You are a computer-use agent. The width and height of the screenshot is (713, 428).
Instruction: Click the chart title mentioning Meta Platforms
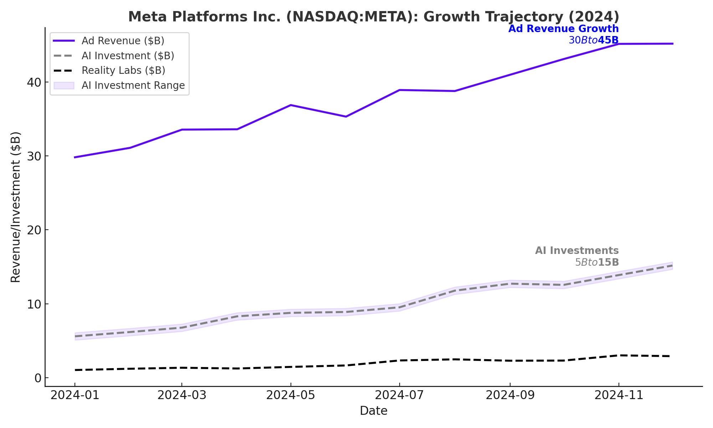[374, 17]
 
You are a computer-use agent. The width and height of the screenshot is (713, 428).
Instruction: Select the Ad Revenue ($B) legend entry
[123, 41]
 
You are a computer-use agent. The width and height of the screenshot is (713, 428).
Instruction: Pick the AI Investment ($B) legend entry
[128, 56]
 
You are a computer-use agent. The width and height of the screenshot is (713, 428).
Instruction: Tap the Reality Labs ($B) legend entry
[123, 71]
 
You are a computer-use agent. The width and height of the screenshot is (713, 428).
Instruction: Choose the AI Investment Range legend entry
[133, 86]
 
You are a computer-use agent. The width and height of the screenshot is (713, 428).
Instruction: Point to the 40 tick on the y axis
[34, 82]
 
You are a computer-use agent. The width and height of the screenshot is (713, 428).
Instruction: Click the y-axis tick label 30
[34, 156]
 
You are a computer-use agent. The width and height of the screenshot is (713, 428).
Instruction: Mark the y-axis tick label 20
[34, 230]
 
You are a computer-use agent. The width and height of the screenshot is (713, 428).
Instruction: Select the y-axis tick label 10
[34, 304]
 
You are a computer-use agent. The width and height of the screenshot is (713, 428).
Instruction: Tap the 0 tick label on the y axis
[38, 378]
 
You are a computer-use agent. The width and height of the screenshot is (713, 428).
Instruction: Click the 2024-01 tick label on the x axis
[75, 395]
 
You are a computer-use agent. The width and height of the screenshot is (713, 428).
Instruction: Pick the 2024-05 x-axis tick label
[291, 395]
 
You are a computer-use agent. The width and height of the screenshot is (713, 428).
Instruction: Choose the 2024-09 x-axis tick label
[510, 395]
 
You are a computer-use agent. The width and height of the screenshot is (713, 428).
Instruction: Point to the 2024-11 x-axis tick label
[619, 395]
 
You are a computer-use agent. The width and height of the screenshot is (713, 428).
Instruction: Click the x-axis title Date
[374, 411]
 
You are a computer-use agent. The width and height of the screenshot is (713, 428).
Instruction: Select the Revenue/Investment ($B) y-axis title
[16, 207]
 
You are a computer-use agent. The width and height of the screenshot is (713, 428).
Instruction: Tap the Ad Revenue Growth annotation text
[563, 29]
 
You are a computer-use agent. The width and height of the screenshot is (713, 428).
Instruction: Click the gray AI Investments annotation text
[577, 251]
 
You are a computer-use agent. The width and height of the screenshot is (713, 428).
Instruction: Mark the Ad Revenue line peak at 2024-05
[291, 105]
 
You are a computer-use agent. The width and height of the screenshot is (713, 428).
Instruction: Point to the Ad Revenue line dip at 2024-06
[346, 117]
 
